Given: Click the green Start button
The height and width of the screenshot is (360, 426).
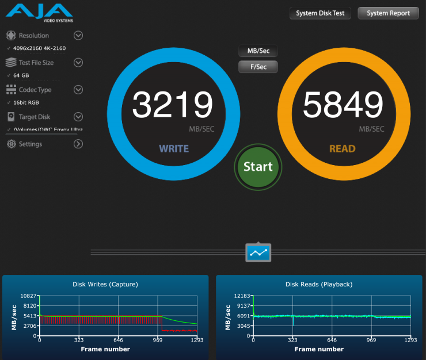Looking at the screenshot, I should coord(258,167).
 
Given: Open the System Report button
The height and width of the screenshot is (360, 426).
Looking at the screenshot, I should coord(388,13).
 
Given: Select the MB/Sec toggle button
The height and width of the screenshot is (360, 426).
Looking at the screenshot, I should coord(258,51).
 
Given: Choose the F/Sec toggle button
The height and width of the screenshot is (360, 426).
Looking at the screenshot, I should coord(258,67).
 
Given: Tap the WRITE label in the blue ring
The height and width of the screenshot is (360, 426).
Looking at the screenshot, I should coord(174,149).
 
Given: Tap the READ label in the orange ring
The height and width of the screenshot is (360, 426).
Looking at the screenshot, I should coord(342,149).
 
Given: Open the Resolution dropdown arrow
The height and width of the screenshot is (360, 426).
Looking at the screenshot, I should coord(78,36).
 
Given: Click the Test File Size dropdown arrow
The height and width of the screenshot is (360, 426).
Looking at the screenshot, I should coord(78,63).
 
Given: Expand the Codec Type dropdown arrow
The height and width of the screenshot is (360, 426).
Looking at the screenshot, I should coord(78,90).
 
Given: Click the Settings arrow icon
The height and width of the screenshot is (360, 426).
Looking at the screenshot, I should coord(78,144).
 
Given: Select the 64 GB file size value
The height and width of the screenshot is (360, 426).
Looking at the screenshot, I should coord(21,75).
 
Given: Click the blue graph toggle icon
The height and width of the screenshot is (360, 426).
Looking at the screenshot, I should coord(258,252).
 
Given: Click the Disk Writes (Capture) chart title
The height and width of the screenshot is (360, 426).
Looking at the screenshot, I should coord(105,284).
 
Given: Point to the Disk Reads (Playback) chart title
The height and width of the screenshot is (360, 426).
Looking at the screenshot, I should coord(319,284).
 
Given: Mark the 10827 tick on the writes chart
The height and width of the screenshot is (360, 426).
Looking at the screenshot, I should coord(29,296).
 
